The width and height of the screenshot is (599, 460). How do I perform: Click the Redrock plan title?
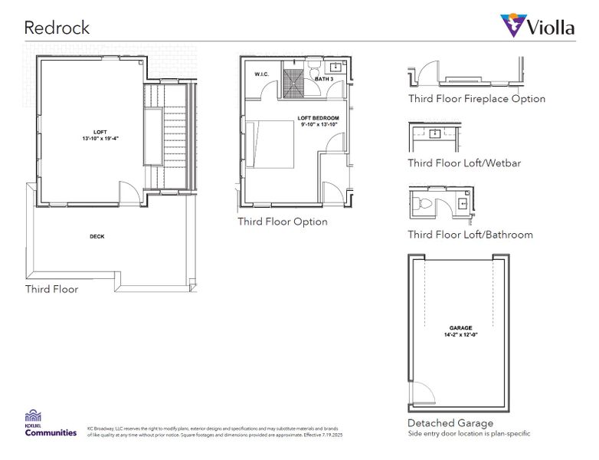[x=57, y=28]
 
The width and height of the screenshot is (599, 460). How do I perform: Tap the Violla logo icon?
[x=512, y=25]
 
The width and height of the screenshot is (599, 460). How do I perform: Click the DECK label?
[x=97, y=237]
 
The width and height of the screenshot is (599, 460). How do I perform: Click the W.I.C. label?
[x=260, y=74]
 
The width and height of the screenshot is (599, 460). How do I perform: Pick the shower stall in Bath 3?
[x=292, y=83]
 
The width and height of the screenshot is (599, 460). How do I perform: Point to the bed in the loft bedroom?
[x=270, y=144]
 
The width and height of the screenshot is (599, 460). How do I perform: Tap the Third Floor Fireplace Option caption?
[x=476, y=99]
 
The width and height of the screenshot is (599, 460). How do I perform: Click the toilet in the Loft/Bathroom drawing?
[x=424, y=205]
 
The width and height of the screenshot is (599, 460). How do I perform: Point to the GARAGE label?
[x=461, y=328]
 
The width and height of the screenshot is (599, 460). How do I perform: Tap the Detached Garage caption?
[x=450, y=422]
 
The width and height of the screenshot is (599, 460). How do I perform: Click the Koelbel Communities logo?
[x=51, y=423]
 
